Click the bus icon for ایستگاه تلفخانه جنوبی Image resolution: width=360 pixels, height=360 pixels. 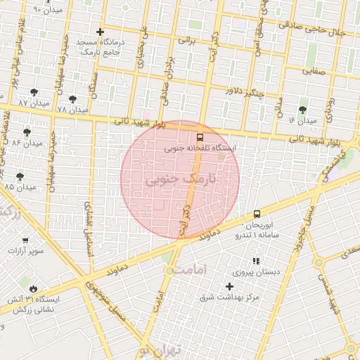(200, 137)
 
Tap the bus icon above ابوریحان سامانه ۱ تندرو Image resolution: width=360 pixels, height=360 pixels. (257, 214)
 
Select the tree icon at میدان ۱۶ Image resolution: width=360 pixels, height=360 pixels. (302, 110)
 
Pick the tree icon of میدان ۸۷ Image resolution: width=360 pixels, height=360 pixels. (34, 93)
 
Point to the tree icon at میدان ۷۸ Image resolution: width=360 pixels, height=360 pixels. (72, 99)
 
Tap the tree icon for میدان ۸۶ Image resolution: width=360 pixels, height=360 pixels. (27, 131)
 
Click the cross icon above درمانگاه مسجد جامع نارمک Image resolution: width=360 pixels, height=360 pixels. (101, 32)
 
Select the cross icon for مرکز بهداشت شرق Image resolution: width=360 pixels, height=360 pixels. (229, 286)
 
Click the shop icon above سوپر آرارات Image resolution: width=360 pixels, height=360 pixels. (26, 240)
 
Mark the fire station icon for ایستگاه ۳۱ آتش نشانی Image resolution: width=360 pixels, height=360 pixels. (32, 288)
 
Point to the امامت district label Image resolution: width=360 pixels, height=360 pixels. (192, 271)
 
